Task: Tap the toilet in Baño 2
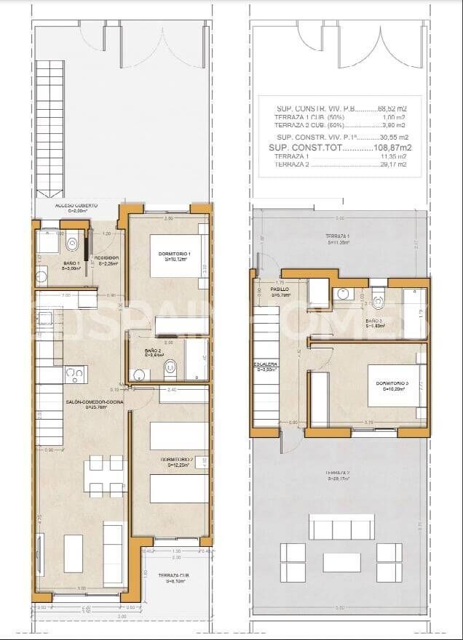[170, 368]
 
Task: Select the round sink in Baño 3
[344, 295]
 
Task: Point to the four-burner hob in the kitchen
[74, 375]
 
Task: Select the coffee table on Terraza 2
[341, 562]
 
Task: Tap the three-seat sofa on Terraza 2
[341, 527]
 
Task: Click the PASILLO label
[260, 290]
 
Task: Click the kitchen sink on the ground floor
[44, 318]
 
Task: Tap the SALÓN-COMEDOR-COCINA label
[87, 403]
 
